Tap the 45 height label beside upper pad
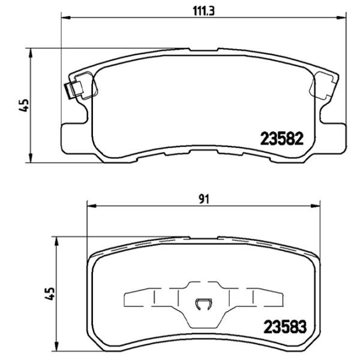[23, 106]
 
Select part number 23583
[285, 328]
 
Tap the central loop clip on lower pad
[204, 304]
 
